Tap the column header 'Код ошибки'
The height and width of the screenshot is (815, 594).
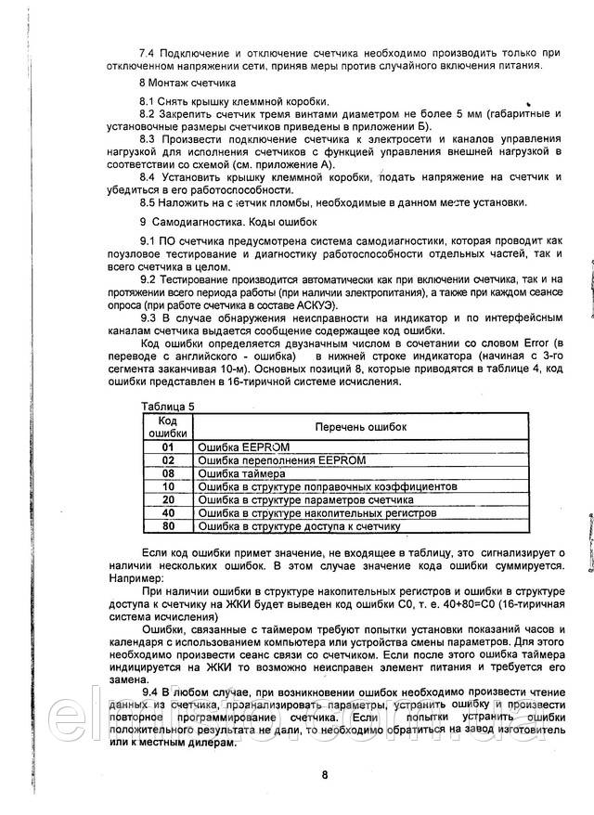click(x=168, y=425)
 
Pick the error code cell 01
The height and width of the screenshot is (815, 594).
click(x=168, y=446)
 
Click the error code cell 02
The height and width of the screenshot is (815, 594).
click(x=168, y=459)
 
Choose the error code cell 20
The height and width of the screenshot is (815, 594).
click(x=168, y=499)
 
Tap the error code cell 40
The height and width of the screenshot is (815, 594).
click(x=168, y=512)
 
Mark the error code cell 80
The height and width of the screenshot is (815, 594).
click(x=168, y=525)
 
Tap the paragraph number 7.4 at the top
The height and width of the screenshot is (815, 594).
click(x=148, y=51)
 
